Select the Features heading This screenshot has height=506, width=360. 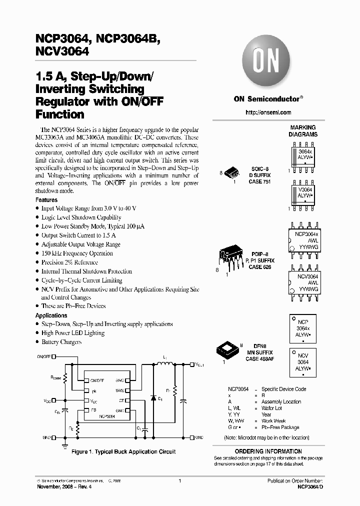pos(46,199)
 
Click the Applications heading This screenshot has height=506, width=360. pos(51,315)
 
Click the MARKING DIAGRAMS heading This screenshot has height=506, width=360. pos(303,131)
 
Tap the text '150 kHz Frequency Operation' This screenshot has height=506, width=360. pos(77,253)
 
